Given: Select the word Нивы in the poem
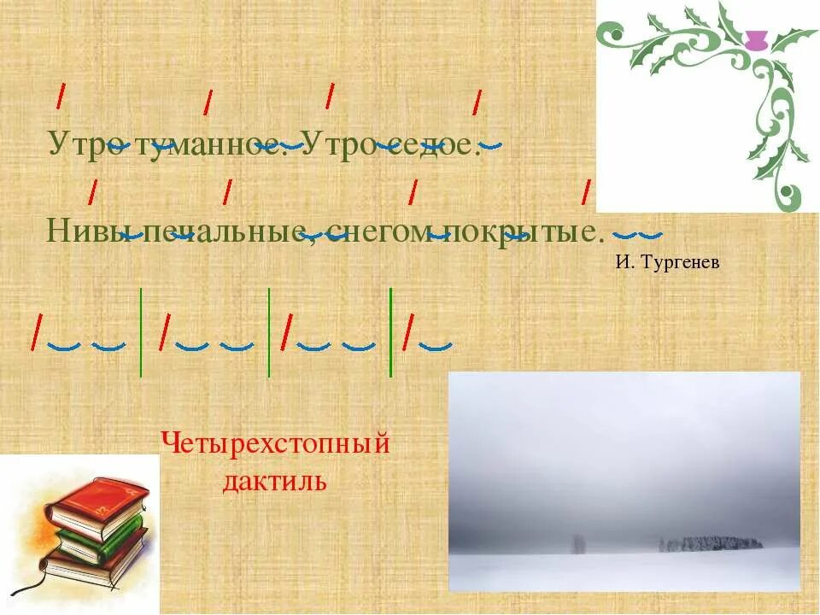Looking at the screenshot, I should (83, 229).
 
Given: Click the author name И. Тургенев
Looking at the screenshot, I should (667, 262).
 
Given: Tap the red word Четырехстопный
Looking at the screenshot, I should (275, 444).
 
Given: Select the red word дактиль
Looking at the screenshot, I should (275, 481).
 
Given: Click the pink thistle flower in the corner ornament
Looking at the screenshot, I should (754, 39).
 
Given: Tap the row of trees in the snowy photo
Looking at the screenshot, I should (709, 543).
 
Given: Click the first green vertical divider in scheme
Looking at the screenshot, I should (141, 332).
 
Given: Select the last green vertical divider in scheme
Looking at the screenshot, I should (390, 332).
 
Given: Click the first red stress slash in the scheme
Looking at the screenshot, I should (36, 332).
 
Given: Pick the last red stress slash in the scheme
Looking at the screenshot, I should (410, 332).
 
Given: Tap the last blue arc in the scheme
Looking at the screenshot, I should (436, 346).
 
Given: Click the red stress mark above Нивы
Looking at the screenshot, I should (92, 191).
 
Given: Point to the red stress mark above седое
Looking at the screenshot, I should (477, 102).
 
